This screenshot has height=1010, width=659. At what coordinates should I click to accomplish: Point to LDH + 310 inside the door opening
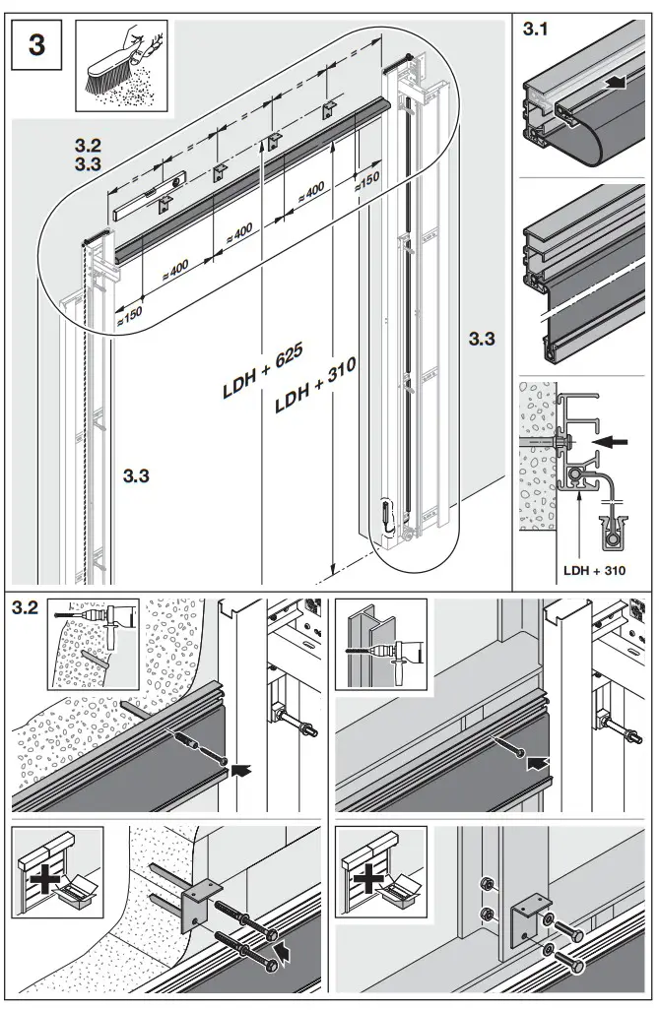(x=313, y=389)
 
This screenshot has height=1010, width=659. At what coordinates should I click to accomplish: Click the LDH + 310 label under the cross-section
(x=593, y=569)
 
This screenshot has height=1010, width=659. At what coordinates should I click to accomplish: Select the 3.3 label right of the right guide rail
(x=482, y=339)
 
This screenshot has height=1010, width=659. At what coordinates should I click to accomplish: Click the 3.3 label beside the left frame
(x=136, y=476)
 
